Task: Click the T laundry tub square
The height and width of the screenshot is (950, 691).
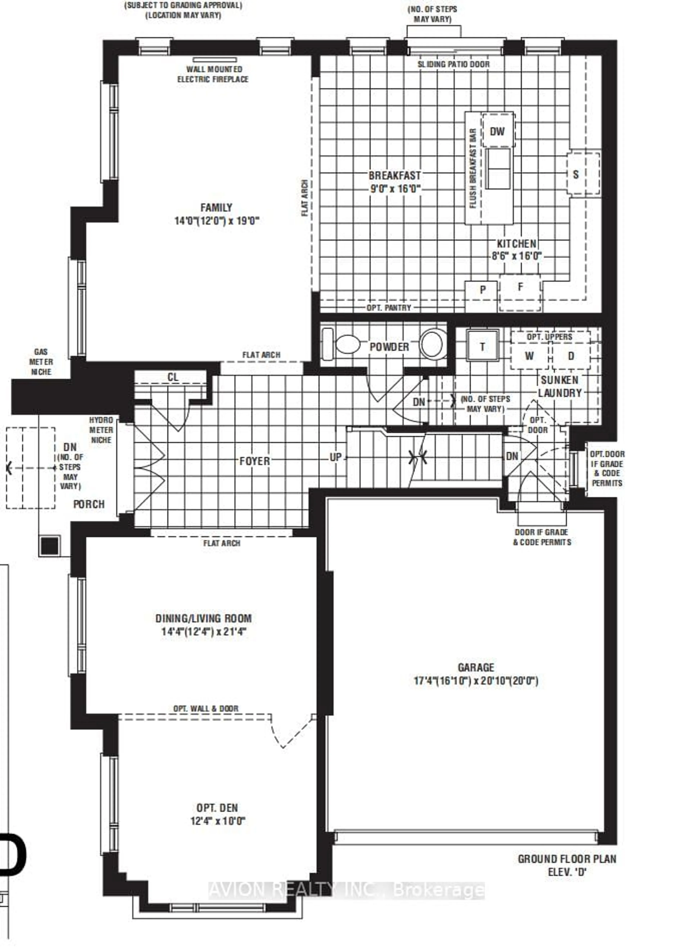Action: point(483,346)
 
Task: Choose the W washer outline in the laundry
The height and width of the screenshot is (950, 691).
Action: point(529,356)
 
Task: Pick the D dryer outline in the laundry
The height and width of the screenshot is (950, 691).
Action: point(571,356)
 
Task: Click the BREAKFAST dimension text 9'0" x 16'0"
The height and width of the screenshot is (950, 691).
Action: point(395,189)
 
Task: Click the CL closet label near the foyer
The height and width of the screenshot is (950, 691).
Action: point(173,377)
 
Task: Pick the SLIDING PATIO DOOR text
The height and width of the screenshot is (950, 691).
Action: point(453,64)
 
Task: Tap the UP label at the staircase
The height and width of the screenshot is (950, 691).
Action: point(336,457)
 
